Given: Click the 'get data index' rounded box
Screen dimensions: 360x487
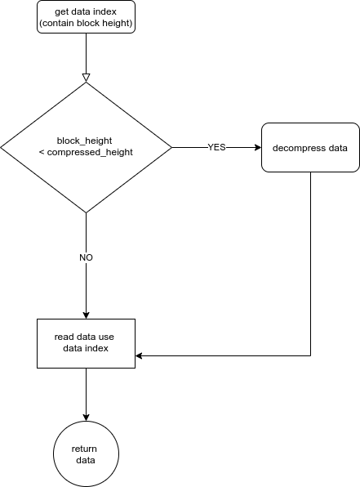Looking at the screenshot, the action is tap(86, 17).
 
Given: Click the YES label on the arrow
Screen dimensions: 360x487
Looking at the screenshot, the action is tap(216, 147).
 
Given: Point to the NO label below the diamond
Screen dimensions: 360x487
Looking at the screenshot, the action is tap(86, 257).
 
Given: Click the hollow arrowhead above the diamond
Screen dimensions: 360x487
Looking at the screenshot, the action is tap(86, 78).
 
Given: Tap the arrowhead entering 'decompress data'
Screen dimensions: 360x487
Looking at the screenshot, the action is tap(258, 148).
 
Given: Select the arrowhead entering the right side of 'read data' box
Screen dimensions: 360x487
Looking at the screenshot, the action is tap(139, 355).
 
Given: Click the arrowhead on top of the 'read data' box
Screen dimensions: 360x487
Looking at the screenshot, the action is tap(86, 315).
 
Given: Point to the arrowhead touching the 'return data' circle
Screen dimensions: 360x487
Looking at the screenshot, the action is tap(86, 418).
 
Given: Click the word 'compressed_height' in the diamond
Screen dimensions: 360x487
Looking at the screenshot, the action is tap(90, 152).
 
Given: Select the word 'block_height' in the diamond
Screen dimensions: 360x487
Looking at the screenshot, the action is tap(84, 141).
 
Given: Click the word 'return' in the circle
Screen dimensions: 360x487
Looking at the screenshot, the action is tap(84, 449).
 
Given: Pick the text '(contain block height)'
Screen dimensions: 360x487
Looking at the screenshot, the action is tap(86, 23).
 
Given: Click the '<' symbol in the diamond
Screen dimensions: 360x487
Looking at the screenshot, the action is tap(42, 152).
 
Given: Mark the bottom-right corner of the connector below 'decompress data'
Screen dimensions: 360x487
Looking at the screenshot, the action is tap(311, 355).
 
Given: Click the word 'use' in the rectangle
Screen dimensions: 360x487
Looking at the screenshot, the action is tap(106, 337).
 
